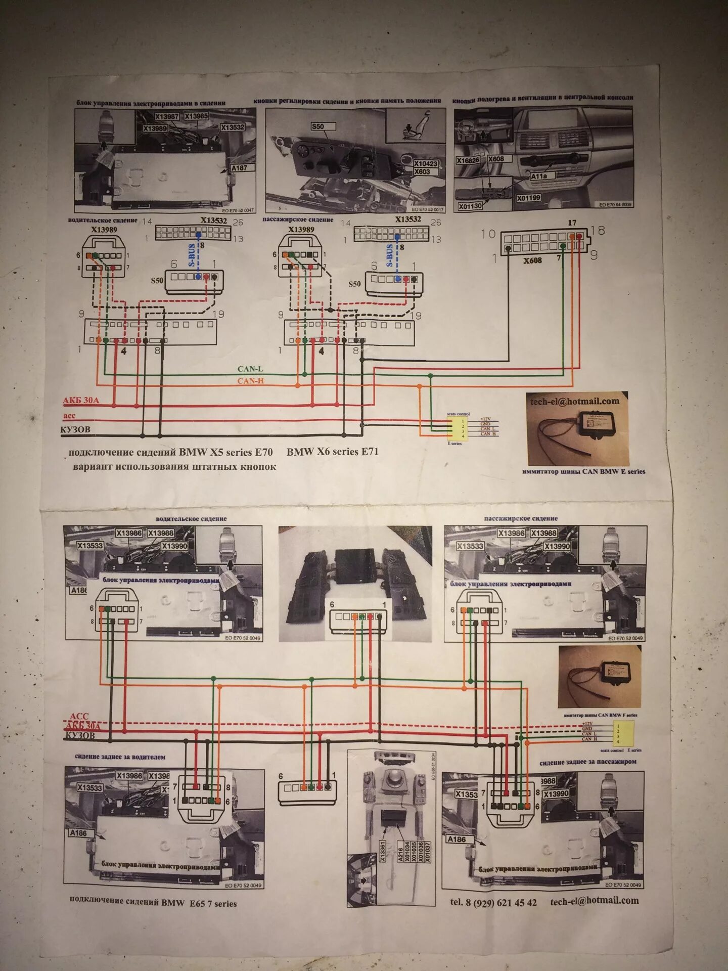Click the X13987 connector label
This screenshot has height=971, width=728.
click(166, 117)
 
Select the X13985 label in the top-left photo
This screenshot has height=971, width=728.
click(197, 116)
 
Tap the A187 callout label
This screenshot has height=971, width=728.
click(239, 168)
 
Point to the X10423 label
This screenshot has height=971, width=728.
click(426, 164)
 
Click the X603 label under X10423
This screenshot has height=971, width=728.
click(422, 172)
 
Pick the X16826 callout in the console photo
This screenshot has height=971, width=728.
click(468, 160)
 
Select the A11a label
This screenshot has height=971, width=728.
click(539, 176)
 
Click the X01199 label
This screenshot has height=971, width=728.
click(528, 198)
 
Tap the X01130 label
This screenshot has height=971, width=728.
click(470, 206)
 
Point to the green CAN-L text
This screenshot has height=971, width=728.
click(250, 369)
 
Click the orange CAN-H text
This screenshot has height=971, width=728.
click(250, 381)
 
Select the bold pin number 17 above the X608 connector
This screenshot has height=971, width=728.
click(572, 223)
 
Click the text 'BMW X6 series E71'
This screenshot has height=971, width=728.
click(332, 452)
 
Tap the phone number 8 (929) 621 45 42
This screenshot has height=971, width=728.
click(493, 902)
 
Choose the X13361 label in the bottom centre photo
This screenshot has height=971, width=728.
click(382, 852)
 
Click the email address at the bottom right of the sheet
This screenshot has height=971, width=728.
click(595, 901)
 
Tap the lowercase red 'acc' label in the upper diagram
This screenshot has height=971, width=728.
click(69, 416)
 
